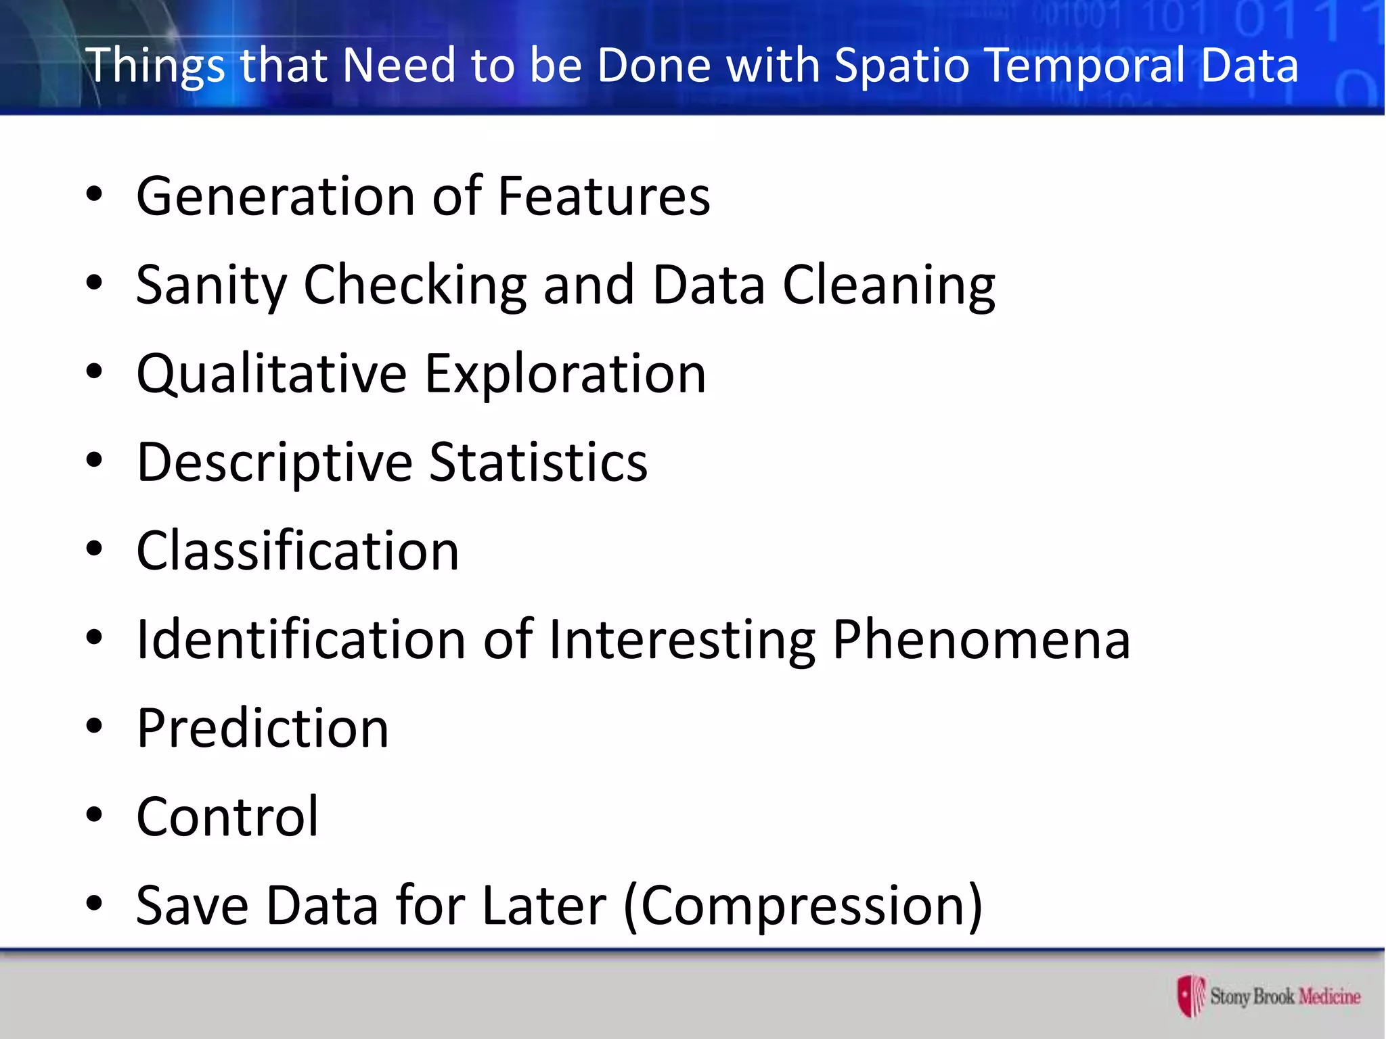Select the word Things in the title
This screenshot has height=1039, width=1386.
[154, 66]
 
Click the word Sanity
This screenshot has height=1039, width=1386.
[211, 285]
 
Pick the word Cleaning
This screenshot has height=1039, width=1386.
[889, 285]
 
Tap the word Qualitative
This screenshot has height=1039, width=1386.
[271, 374]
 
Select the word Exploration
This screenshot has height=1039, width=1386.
[565, 374]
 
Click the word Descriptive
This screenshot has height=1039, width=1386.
[274, 463]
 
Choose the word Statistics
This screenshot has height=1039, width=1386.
[538, 463]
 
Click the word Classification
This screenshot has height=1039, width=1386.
[298, 551]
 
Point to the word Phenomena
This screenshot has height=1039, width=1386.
[981, 640]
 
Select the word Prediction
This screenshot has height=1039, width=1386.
[263, 729]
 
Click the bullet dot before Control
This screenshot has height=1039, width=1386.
[94, 814]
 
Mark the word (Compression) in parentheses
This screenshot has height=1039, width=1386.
[803, 906]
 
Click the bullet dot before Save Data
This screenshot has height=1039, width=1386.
[94, 903]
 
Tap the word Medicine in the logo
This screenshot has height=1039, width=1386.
[1329, 996]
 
